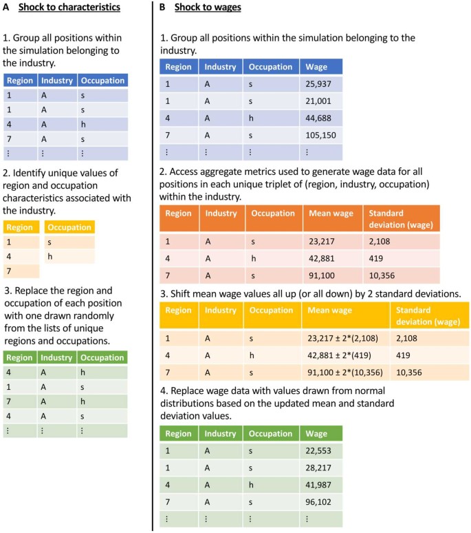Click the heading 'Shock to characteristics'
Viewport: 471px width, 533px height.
[72, 8]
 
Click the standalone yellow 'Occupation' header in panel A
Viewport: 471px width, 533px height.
[69, 227]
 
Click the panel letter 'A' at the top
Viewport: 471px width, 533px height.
[6, 8]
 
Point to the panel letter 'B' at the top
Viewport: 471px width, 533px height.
[162, 8]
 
